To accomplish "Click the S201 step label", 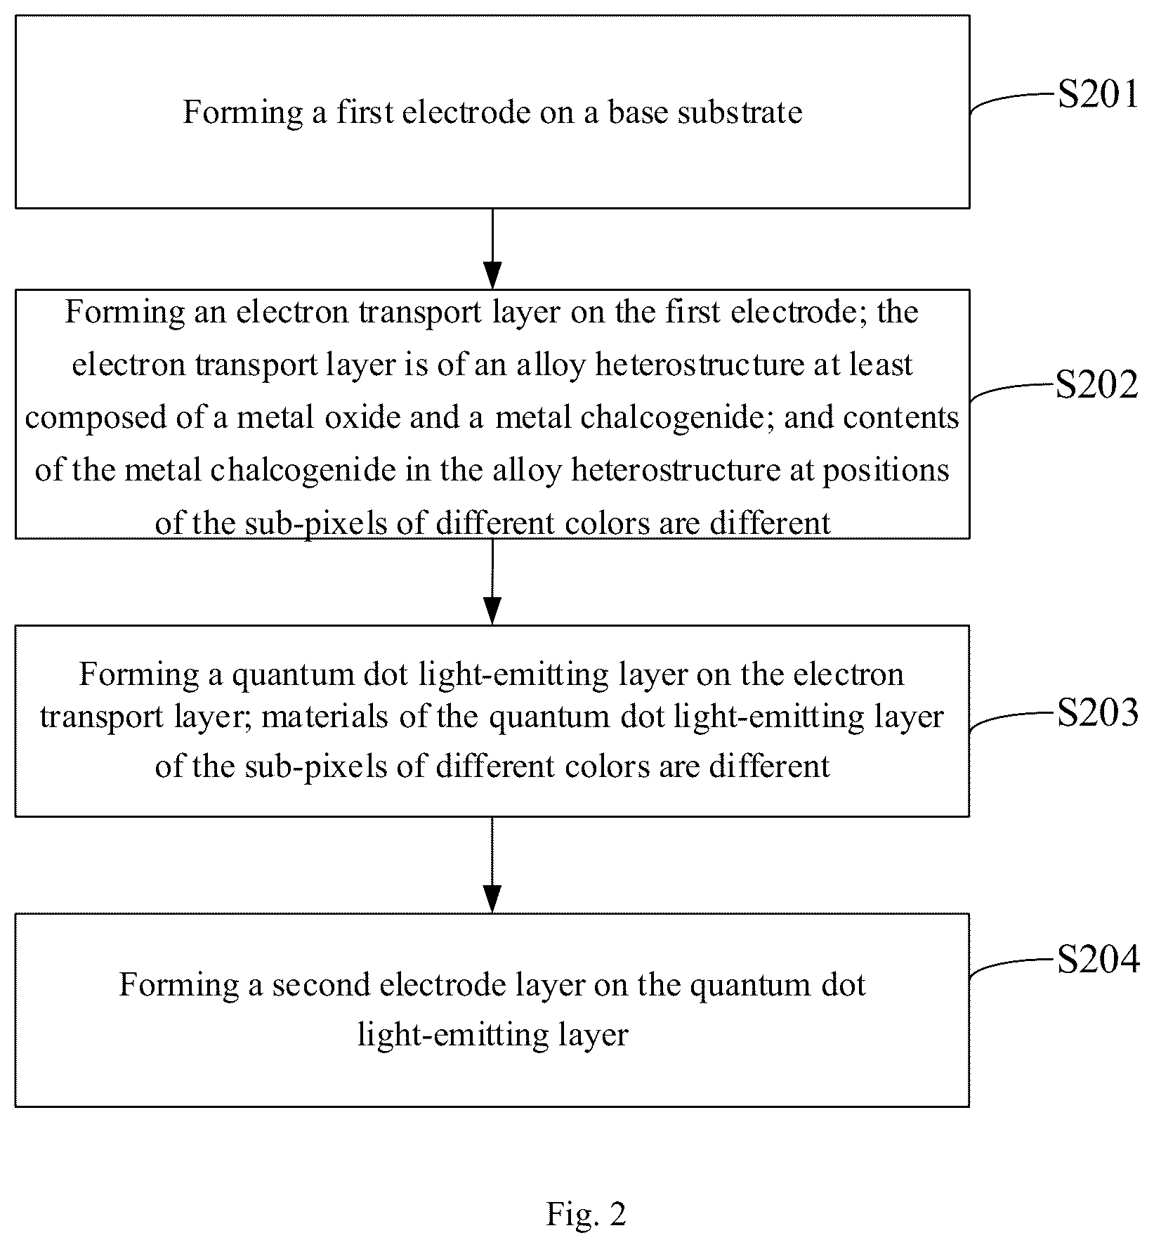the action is point(1099,94).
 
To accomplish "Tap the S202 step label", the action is point(1097,385).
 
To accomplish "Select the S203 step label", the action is point(1099,713).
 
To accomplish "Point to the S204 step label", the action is point(1099,960).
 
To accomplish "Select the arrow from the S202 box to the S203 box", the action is point(492,582).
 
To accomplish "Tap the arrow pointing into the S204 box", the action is point(492,865).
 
